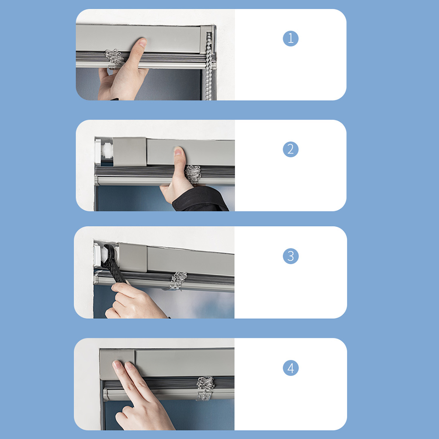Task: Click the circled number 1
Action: click(291, 38)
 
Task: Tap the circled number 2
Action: click(291, 149)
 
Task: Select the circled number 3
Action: click(291, 256)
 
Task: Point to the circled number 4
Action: click(291, 367)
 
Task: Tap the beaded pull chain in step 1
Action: click(209, 66)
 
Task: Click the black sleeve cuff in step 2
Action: click(199, 199)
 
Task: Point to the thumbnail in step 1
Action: click(143, 43)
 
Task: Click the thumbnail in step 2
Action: click(178, 151)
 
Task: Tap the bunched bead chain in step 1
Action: click(114, 58)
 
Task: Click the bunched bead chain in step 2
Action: click(193, 174)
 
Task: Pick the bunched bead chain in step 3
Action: click(178, 281)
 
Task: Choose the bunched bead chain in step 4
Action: click(205, 388)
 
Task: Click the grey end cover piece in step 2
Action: click(130, 151)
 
